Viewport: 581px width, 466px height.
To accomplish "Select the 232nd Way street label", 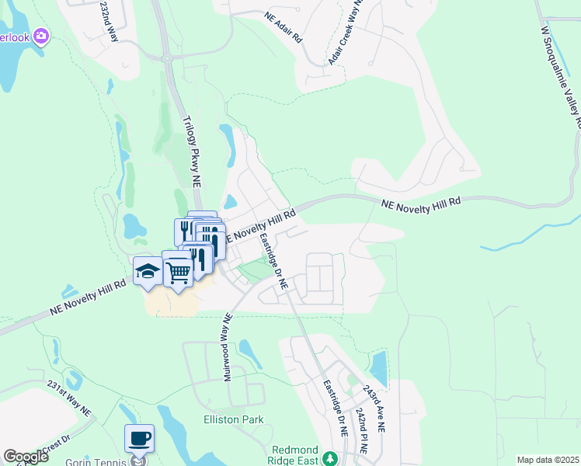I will (110, 21).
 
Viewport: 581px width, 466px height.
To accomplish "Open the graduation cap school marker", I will (148, 272).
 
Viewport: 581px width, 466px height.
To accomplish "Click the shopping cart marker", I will (178, 270).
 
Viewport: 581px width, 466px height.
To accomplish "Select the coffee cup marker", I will (139, 439).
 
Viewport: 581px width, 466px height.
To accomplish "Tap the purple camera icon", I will (42, 36).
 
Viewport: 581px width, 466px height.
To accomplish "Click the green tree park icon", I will (329, 457).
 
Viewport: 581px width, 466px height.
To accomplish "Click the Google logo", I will (26, 457).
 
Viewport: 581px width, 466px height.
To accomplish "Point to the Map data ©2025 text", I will (547, 460).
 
